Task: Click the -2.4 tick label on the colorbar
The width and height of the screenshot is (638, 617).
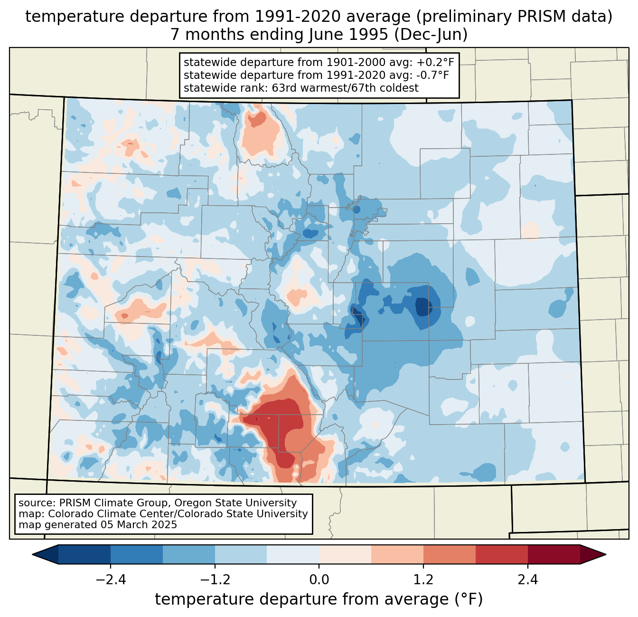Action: (111, 580)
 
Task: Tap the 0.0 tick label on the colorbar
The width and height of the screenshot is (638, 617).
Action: (319, 580)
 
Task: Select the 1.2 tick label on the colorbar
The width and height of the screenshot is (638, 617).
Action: (423, 580)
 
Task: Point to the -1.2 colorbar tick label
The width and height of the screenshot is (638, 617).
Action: (215, 580)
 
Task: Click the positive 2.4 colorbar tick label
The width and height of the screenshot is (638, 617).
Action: (527, 580)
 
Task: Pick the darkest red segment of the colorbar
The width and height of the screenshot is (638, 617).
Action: (554, 554)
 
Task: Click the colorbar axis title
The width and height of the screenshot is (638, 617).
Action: (319, 599)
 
